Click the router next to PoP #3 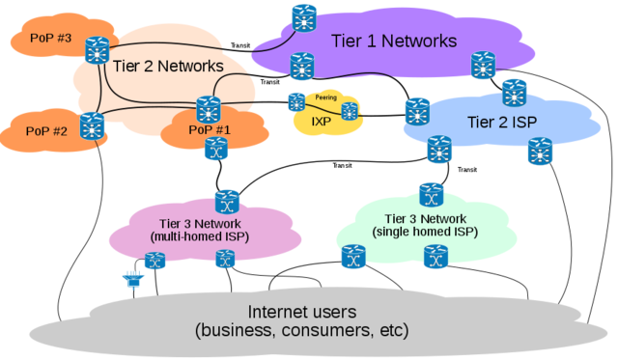click(97, 49)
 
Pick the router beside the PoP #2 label click(92, 125)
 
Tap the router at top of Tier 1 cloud click(304, 16)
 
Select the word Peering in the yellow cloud click(325, 97)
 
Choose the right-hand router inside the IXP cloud click(350, 110)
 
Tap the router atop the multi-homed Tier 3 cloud click(227, 202)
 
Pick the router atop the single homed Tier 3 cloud click(431, 193)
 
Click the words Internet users click(301, 312)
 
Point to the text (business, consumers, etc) click(301, 331)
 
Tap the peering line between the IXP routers click(323, 106)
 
